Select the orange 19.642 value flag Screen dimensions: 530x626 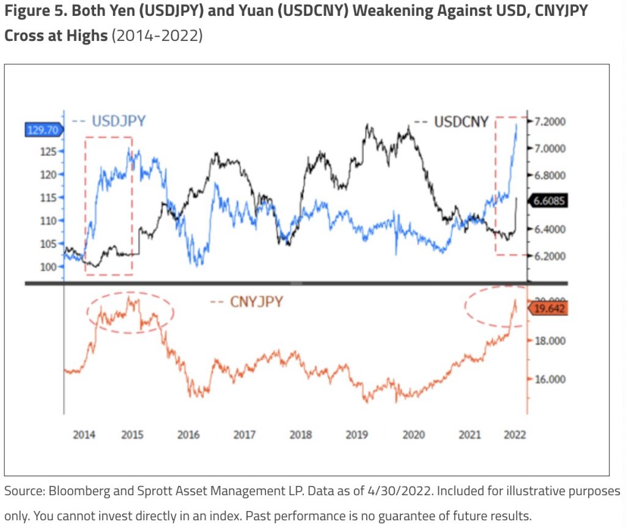(548, 309)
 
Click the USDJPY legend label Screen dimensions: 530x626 (119, 120)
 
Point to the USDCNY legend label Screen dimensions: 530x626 (461, 122)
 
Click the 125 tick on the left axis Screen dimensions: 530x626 (48, 151)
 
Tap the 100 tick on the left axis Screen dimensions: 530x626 (48, 267)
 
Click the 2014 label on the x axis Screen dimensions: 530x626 (84, 435)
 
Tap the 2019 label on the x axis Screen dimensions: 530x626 (357, 435)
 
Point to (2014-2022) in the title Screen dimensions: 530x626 (156, 35)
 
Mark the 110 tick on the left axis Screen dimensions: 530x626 (48, 221)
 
